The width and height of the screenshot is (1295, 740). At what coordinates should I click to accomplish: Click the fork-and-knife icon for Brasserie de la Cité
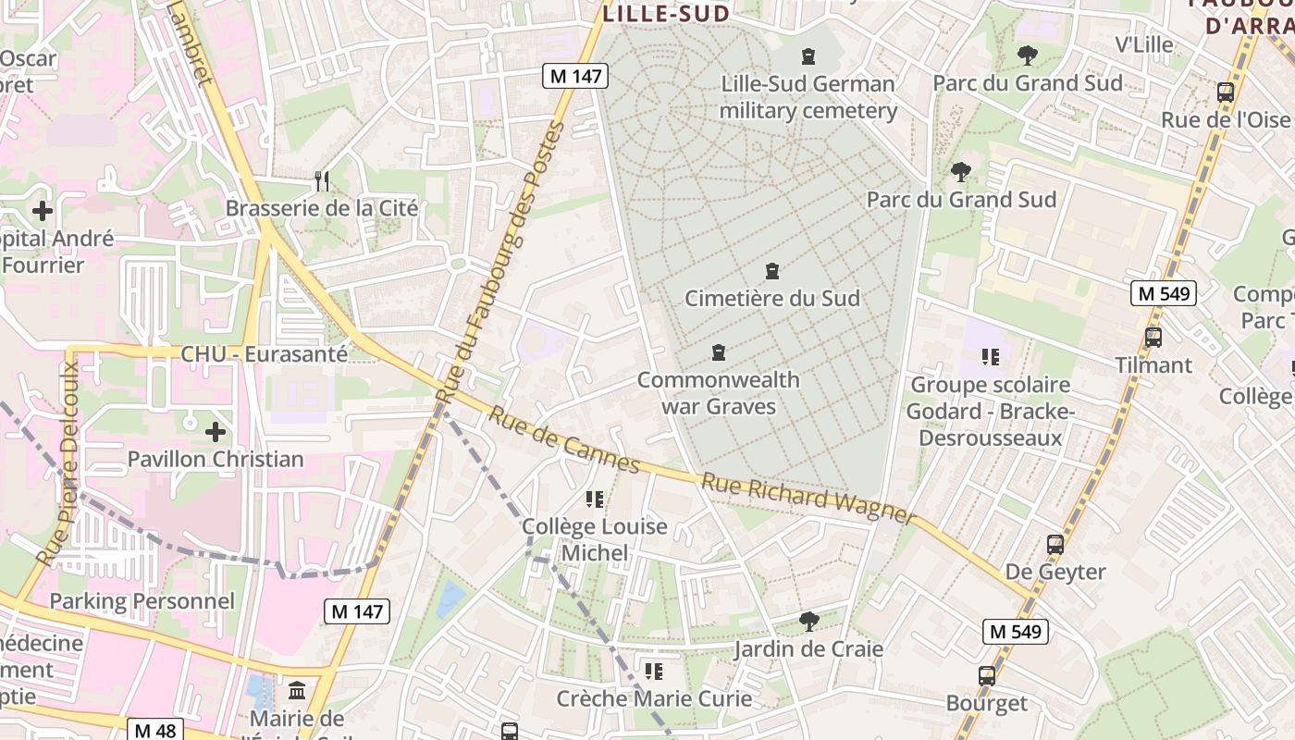pos(322,180)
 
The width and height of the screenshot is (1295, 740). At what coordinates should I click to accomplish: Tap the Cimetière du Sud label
pos(771,298)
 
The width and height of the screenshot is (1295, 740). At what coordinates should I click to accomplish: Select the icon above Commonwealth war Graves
pos(718,352)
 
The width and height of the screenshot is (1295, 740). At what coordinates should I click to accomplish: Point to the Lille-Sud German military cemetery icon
pos(808,55)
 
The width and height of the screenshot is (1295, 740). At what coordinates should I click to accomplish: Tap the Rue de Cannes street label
pos(564,440)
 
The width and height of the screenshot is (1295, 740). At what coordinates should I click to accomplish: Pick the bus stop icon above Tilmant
pos(1153,338)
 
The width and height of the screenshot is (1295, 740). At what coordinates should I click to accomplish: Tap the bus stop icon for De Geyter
pos(1055,544)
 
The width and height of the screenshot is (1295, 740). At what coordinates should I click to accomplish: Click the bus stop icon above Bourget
pos(987,675)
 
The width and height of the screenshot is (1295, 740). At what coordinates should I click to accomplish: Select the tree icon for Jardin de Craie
pos(809,621)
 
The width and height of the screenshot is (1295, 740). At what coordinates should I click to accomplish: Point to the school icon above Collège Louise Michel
pos(595,499)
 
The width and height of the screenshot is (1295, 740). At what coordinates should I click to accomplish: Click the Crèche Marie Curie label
pos(654,698)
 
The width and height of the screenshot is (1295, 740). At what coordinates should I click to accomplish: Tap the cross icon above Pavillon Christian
pos(216,432)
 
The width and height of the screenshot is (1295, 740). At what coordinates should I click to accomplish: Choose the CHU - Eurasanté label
pos(264,354)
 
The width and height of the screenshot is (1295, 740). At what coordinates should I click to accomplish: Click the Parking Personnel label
pos(142,601)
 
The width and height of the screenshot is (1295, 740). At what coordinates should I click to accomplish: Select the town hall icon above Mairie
pos(297,691)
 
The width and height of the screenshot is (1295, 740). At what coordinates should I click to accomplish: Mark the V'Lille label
pos(1143,44)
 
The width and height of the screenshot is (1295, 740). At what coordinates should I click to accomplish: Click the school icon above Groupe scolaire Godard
pos(991,356)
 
